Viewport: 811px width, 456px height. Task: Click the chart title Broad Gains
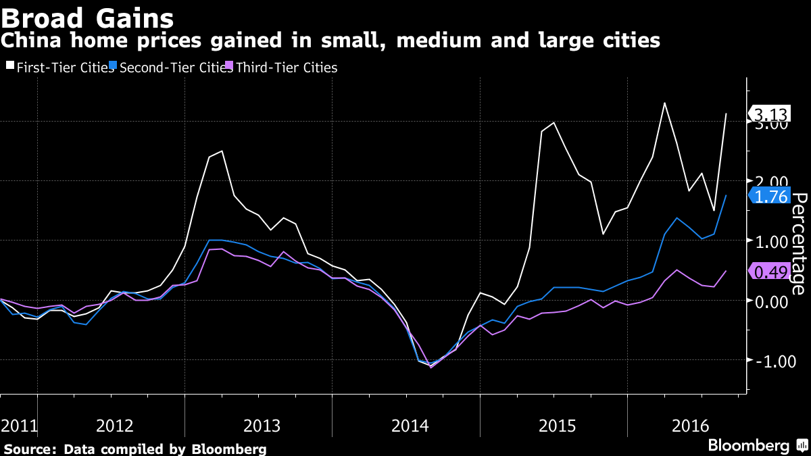87,16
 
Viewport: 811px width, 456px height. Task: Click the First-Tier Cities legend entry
59,68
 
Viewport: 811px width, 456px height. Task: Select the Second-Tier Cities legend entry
174,68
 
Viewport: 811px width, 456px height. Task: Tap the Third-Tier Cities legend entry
286,68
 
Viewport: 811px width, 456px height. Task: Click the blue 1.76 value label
770,196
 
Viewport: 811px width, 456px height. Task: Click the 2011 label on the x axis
18,426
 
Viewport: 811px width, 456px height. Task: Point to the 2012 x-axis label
115,426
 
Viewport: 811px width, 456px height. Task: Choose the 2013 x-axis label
262,426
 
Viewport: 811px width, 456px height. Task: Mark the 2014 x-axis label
410,426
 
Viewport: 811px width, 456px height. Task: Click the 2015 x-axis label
557,426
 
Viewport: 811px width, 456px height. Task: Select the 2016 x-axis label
691,426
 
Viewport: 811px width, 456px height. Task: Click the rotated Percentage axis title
798,243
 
